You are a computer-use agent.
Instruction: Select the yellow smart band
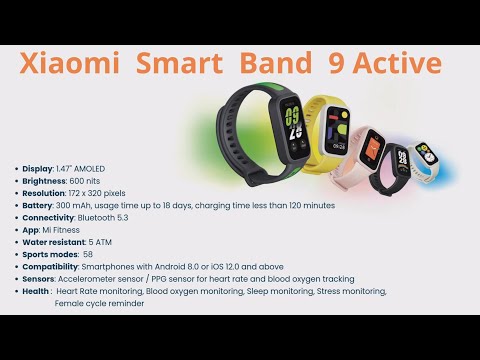pos(333,135)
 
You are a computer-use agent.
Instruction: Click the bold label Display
pos(37,168)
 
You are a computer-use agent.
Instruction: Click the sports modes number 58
pos(88,254)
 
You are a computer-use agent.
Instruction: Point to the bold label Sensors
pos(39,278)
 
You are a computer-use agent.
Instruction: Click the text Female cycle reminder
pos(100,302)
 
